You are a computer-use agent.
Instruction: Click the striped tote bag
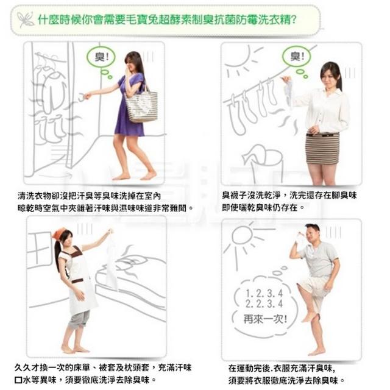point(141,106)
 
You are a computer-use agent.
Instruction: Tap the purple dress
point(130,107)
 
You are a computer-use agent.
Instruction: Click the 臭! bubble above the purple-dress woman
point(101,57)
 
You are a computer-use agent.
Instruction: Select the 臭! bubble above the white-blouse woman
point(297,56)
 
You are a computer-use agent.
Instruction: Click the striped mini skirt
point(322,149)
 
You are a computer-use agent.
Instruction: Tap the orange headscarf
point(59,234)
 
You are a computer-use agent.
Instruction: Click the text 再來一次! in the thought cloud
point(265,319)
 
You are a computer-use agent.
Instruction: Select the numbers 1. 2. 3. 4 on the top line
point(264,294)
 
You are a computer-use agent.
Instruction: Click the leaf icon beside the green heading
point(26,19)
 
